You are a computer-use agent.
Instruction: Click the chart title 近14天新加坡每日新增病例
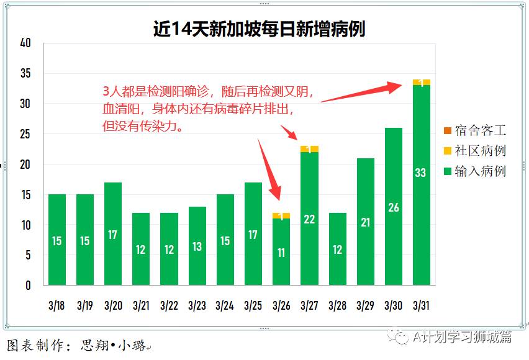pos(259,29)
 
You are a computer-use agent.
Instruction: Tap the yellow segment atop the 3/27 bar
pos(309,149)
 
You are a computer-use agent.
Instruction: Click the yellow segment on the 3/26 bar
pos(281,216)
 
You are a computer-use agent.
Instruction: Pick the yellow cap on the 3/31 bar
pos(421,83)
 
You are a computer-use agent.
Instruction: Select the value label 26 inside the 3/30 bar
pos(393,207)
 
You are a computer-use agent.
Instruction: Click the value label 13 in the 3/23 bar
pos(197,246)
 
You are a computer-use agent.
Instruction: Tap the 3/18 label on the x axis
pos(57,305)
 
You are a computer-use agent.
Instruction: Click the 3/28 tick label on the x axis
pos(337,305)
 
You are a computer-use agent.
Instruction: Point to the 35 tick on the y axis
pos(25,73)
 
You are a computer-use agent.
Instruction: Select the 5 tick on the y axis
pos(28,255)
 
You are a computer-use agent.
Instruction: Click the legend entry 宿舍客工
pos(480,130)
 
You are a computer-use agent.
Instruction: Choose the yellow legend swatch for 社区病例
pos(447,151)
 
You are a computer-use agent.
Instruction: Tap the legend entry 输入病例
pos(480,171)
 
